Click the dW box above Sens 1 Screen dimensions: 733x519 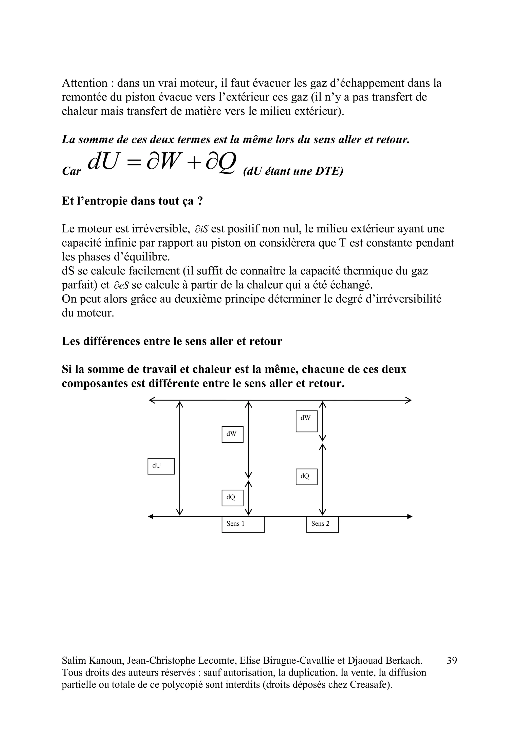[232, 434]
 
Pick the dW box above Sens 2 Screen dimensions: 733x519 [306, 421]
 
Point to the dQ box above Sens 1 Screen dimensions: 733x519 [232, 498]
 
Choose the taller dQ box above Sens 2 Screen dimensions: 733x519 [306, 477]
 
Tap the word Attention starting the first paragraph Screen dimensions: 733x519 [85, 83]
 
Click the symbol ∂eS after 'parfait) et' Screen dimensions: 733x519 [121, 285]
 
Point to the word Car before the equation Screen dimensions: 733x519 [71, 171]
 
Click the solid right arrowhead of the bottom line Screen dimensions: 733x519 [410, 516]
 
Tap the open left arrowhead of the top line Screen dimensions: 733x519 [152, 400]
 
